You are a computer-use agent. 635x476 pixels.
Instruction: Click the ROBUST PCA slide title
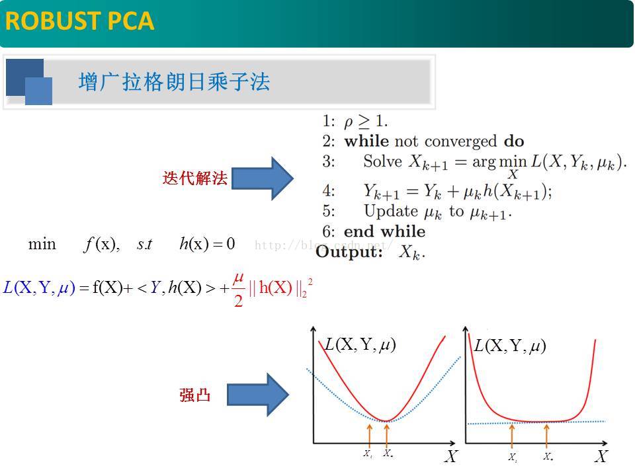tap(79, 21)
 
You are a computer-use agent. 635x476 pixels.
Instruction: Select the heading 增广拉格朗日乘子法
tap(174, 83)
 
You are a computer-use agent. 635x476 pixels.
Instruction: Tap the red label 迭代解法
tap(194, 178)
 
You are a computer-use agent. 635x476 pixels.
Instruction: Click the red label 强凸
tap(194, 395)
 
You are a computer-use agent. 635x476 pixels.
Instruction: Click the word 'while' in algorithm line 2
tap(366, 141)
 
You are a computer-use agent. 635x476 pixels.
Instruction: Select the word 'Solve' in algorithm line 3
tap(382, 161)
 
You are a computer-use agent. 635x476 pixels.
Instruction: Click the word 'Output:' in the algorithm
tap(349, 252)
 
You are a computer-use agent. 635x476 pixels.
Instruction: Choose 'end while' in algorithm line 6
tap(384, 231)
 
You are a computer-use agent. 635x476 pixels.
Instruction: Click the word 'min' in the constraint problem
tap(42, 244)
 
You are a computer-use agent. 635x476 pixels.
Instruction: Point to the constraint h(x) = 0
tap(207, 244)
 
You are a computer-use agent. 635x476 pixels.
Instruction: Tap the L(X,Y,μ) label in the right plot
tap(510, 346)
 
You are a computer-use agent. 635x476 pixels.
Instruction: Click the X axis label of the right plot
tap(601, 456)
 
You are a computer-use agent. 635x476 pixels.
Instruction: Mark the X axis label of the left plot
tap(450, 456)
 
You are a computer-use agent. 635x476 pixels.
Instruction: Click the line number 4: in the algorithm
tap(329, 191)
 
